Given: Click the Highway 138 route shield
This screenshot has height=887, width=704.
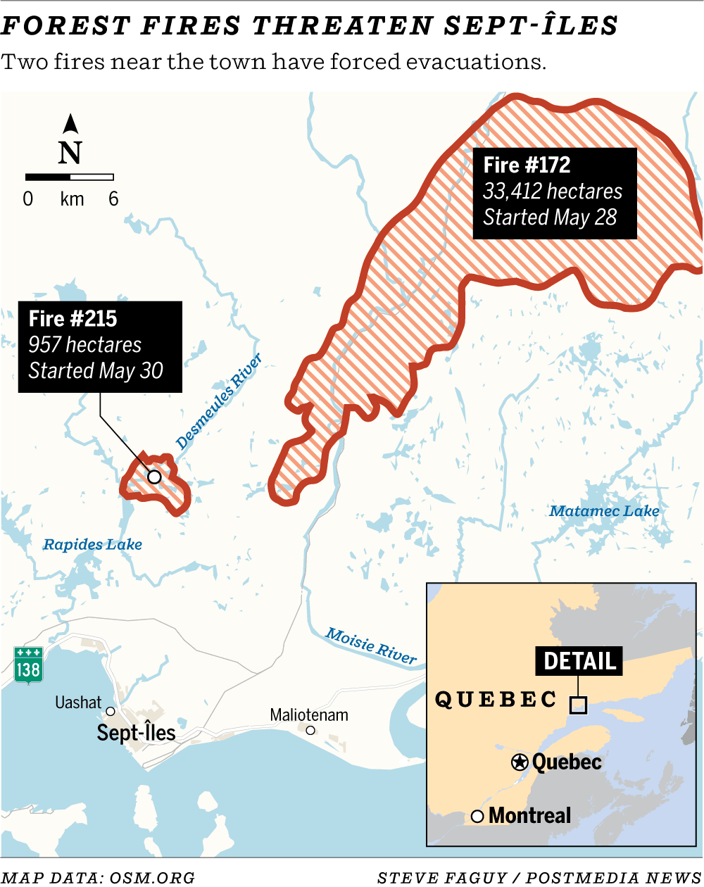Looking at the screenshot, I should (x=28, y=665).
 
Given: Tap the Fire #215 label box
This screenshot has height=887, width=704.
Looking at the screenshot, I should (x=100, y=346).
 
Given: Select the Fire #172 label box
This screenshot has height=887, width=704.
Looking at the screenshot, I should (x=555, y=193).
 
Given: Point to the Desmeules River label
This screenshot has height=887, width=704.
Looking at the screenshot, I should (x=219, y=402).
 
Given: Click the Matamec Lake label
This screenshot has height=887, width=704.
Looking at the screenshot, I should (x=604, y=512).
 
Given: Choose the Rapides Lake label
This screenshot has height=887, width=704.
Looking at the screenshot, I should (x=92, y=544).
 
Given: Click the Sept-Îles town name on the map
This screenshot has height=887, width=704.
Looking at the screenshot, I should (x=137, y=733).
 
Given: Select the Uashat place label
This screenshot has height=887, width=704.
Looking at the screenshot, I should (x=78, y=703).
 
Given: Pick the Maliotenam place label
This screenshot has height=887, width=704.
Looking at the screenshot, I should (x=309, y=715).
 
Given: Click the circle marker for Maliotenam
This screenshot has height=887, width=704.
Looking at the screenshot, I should (x=310, y=731).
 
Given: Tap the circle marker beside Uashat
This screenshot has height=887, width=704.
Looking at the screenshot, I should (x=111, y=712).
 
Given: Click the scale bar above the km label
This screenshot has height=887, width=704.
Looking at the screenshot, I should (x=70, y=177).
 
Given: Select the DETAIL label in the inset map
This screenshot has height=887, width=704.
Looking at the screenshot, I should (x=579, y=661).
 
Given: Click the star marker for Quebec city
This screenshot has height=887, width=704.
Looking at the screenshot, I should (x=520, y=762).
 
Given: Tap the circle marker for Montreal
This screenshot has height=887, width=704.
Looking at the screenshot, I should (x=477, y=817).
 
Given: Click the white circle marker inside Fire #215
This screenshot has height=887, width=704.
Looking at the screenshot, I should (x=154, y=477).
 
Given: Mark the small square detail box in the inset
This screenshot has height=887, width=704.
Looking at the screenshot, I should (x=578, y=705).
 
